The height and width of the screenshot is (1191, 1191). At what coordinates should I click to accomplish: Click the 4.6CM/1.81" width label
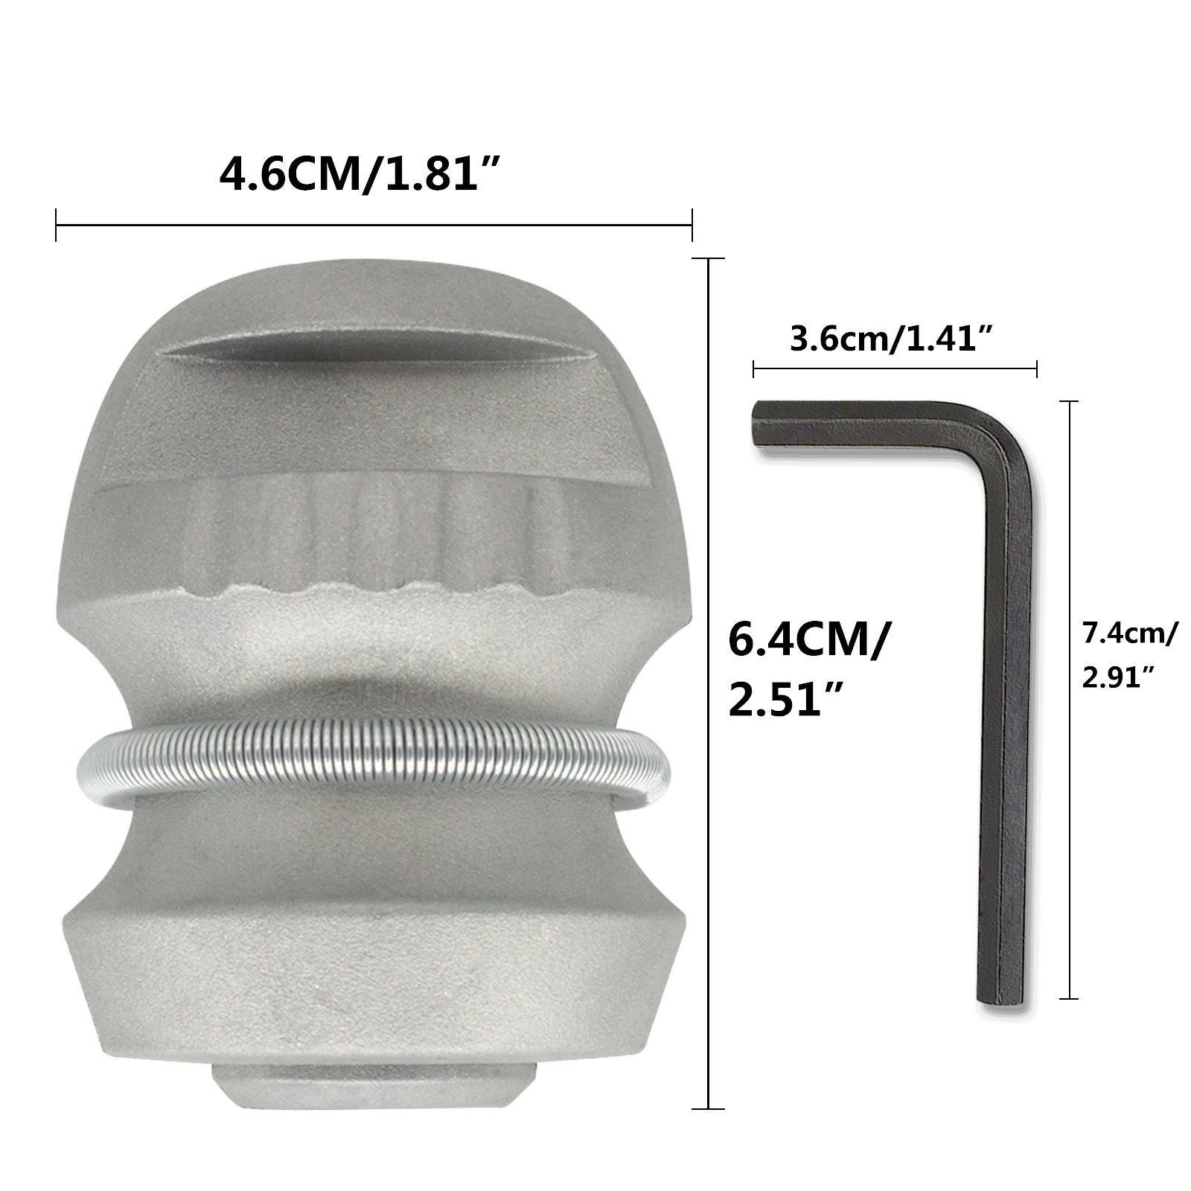359,176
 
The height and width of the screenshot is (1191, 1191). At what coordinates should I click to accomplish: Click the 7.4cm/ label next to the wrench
1129,633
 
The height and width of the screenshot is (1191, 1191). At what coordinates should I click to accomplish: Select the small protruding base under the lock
374,1088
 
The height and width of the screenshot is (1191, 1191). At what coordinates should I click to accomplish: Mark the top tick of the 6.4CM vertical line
708,259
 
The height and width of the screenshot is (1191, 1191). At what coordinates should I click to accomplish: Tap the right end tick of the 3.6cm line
1036,368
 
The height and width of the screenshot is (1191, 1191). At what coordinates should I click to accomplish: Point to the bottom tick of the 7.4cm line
1069,998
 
